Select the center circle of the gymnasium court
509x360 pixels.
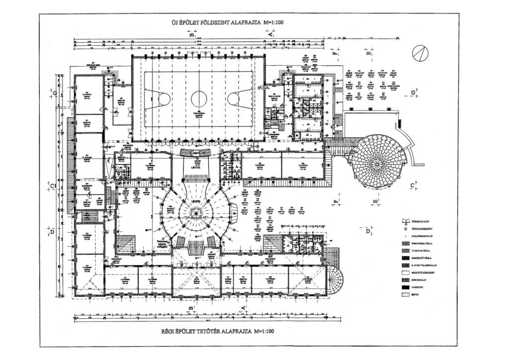[x=198, y=96]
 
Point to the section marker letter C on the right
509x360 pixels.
[x=413, y=185]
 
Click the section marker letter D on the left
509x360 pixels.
[x=52, y=232]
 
